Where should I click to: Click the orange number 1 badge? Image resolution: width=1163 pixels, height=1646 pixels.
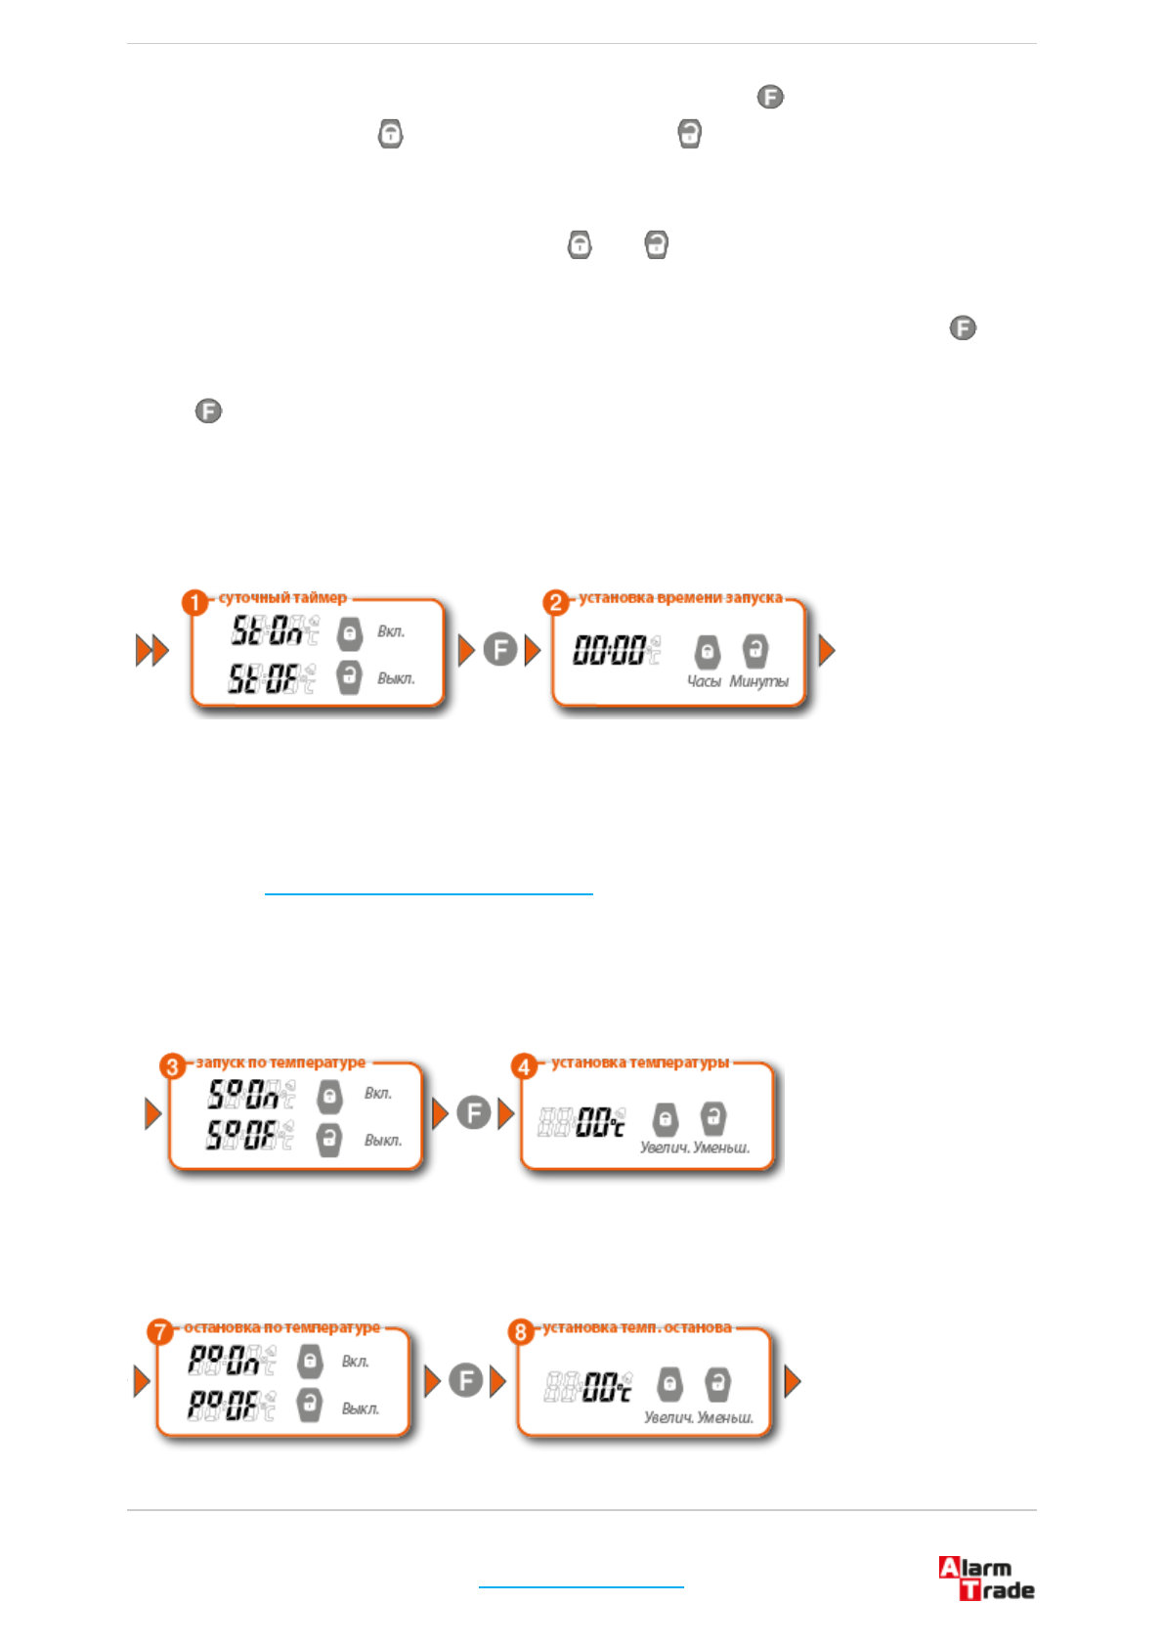click(x=194, y=602)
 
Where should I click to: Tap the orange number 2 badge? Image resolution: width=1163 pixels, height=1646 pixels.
click(x=556, y=602)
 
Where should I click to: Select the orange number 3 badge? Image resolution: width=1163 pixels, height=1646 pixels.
click(x=173, y=1066)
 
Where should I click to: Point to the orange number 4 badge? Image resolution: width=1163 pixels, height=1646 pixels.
click(x=525, y=1066)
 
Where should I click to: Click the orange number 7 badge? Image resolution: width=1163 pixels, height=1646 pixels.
click(x=160, y=1331)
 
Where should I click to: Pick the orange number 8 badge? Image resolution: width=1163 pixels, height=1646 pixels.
click(x=521, y=1331)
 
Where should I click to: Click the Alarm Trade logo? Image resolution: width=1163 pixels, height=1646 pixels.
click(x=985, y=1578)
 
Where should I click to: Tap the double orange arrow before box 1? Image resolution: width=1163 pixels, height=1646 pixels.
click(x=152, y=650)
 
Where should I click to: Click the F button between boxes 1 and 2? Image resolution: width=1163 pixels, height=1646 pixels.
click(x=500, y=650)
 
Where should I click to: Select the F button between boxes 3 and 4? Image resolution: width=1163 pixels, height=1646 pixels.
click(x=474, y=1112)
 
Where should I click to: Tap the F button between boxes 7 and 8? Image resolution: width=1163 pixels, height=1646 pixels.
click(x=466, y=1380)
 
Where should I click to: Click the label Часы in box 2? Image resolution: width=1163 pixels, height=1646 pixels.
click(x=704, y=681)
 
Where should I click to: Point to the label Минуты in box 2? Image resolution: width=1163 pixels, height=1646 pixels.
click(x=758, y=681)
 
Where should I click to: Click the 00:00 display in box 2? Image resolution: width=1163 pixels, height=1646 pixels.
click(x=610, y=650)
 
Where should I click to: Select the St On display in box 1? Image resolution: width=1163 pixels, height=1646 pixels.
click(x=268, y=631)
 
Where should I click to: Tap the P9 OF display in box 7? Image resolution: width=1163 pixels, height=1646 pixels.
click(x=225, y=1406)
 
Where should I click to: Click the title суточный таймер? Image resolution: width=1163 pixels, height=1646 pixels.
click(x=282, y=597)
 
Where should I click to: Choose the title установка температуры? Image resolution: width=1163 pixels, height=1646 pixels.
click(x=640, y=1062)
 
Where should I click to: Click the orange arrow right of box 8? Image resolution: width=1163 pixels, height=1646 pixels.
click(x=793, y=1380)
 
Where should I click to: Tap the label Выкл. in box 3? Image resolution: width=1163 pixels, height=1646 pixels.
click(x=383, y=1140)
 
